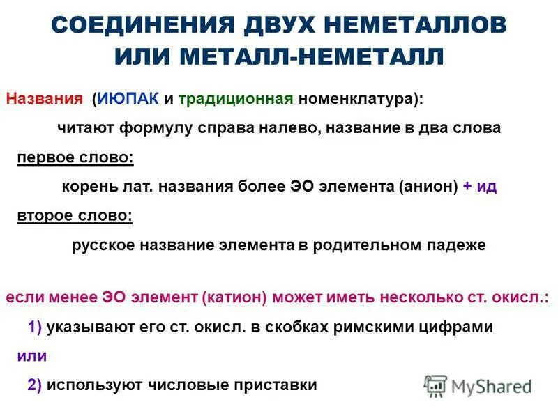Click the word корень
tap(85, 187)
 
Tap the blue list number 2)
tap(35, 385)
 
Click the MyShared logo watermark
tap(478, 385)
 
